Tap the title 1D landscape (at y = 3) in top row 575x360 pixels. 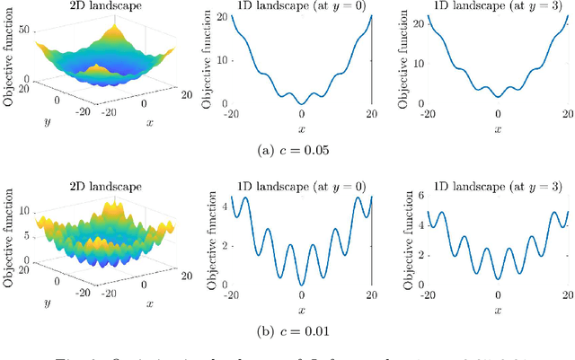point(498,8)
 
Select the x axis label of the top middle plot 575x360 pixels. point(302,129)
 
